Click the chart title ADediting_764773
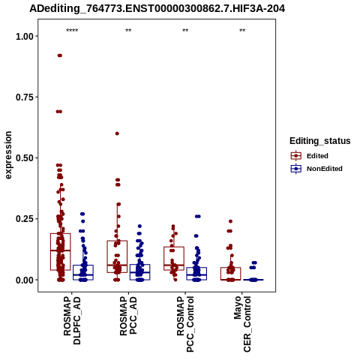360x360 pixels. [x=157, y=9]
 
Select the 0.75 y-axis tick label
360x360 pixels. [x=25, y=97]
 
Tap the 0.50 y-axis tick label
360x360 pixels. [x=25, y=158]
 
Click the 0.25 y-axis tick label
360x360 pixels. [x=25, y=219]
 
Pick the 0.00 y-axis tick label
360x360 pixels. [x=25, y=280]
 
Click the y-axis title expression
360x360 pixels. [x=8, y=155]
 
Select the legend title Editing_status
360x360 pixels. [x=320, y=141]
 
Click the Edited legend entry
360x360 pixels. [x=317, y=156]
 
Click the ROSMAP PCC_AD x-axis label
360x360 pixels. [x=128, y=316]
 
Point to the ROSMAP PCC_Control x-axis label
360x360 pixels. [x=185, y=324]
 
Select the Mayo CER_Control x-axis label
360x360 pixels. [x=242, y=324]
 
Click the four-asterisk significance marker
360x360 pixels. [x=72, y=31]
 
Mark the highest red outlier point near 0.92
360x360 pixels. [x=60, y=55]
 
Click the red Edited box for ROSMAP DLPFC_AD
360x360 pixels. [x=60, y=252]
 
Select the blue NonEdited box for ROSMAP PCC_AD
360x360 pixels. [x=139, y=272]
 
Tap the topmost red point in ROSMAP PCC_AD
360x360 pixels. [x=117, y=133]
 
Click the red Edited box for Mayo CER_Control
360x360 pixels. [x=230, y=274]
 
